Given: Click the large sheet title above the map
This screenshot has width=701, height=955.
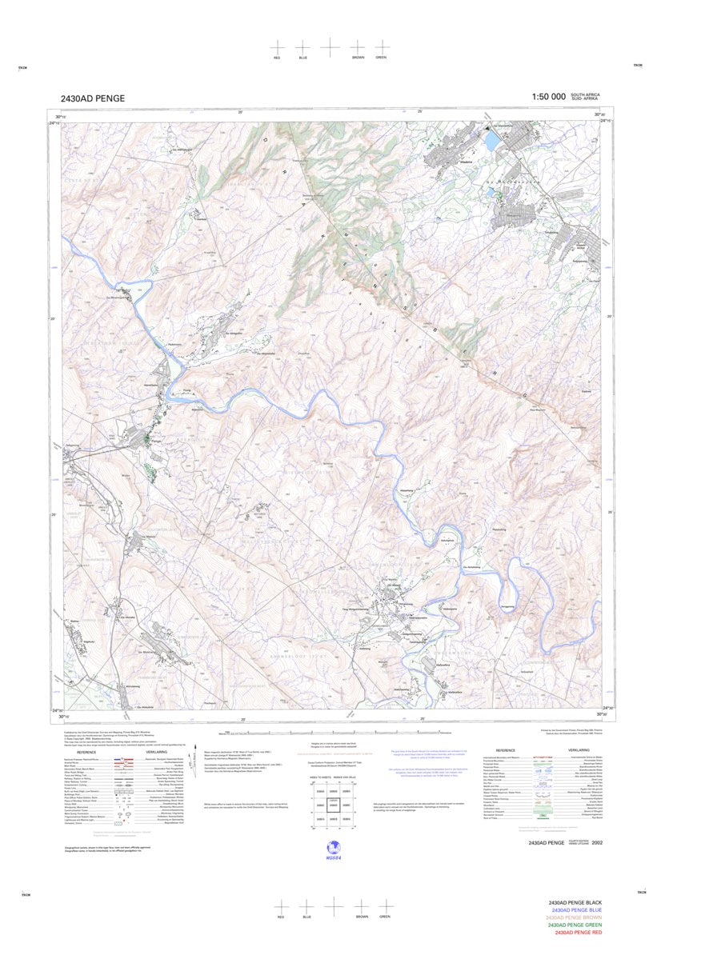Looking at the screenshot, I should [92, 99].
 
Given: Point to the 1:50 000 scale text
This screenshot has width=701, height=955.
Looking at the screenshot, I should [548, 97].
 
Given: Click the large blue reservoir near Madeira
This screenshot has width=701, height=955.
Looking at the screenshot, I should [490, 142].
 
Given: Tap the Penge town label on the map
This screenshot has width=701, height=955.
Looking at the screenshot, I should [156, 441].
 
